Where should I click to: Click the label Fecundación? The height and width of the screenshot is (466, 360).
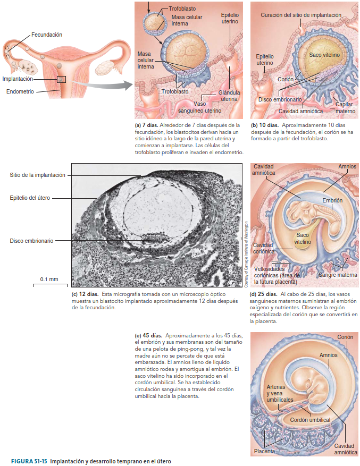click(x=46, y=35)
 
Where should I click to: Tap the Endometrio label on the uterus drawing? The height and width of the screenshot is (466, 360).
click(x=20, y=91)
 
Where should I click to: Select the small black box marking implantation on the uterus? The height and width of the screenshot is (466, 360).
click(x=62, y=79)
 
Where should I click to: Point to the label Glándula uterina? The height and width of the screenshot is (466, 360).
click(x=229, y=96)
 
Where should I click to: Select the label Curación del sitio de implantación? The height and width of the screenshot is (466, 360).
click(x=300, y=15)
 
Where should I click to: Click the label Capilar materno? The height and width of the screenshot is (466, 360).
click(x=345, y=107)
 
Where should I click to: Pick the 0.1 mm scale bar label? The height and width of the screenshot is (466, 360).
click(x=49, y=279)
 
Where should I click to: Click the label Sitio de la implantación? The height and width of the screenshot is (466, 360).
click(x=37, y=175)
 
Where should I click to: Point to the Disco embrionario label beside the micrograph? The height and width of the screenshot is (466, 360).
click(x=31, y=240)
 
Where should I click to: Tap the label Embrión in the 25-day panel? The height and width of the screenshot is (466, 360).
click(x=332, y=200)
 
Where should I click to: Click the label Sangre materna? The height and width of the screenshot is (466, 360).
click(x=338, y=275)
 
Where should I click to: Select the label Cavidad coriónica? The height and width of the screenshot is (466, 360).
click(x=264, y=248)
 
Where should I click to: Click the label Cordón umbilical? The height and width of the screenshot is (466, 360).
click(x=310, y=420)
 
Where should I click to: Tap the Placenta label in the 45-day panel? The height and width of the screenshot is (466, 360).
click(x=264, y=451)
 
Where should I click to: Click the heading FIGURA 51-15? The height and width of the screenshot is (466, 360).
click(x=29, y=460)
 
